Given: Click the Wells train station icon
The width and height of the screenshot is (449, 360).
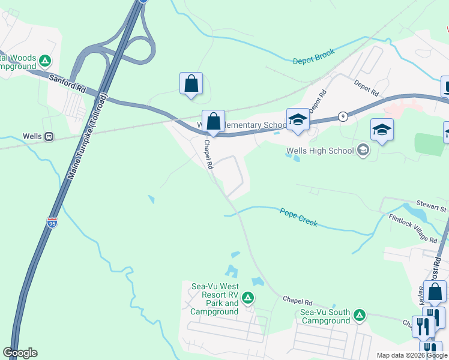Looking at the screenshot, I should coord(49,137).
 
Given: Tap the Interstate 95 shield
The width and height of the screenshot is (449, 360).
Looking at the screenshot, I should coord(52,222).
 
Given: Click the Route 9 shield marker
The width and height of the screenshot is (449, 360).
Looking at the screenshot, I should coord(342,116).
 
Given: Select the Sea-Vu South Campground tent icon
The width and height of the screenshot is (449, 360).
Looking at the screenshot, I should coord(360,315).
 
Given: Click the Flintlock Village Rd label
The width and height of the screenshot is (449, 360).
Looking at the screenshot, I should coord(413,229).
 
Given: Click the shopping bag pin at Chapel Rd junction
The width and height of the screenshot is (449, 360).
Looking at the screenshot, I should coord(213,121).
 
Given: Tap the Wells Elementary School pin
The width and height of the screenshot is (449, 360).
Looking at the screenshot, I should coord(297,119).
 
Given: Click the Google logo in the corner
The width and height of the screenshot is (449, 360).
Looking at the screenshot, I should coord(20,353).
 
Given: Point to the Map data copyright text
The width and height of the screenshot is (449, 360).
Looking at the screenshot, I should coord(412,355).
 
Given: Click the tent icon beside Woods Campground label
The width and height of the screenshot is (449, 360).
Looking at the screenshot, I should coord(45,60).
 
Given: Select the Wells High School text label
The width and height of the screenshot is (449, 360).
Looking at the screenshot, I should coord(320,151).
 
